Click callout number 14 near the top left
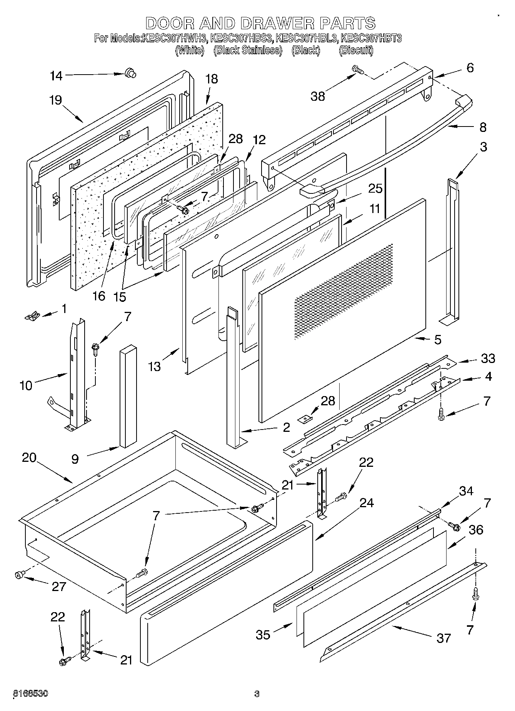(x=56, y=76)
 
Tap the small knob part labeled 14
(x=130, y=73)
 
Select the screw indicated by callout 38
(x=358, y=70)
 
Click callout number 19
(x=55, y=100)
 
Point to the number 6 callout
(x=470, y=68)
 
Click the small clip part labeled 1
(x=32, y=316)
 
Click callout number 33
(x=488, y=358)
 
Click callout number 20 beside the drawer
(x=29, y=458)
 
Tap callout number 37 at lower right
(x=443, y=638)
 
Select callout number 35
(x=263, y=634)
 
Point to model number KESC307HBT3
(x=371, y=38)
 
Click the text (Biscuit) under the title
(x=356, y=50)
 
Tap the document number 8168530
(x=31, y=694)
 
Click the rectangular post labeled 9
(x=128, y=396)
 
